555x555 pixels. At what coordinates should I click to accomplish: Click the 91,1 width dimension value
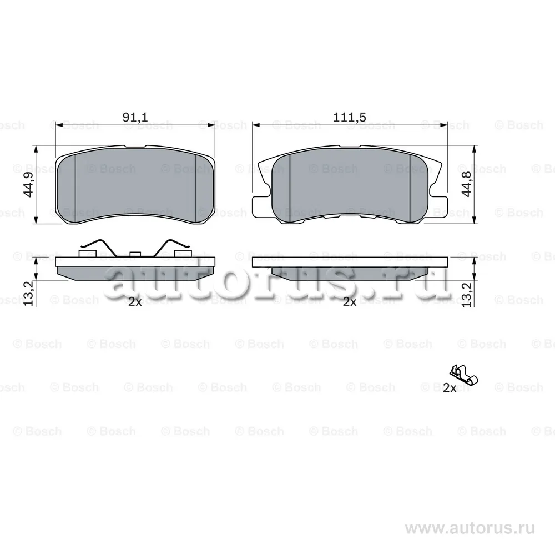click(x=135, y=117)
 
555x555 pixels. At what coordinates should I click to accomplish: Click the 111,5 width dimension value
click(x=349, y=117)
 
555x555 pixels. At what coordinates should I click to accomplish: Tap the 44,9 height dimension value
click(x=28, y=185)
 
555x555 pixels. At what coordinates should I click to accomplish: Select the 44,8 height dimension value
click(x=467, y=184)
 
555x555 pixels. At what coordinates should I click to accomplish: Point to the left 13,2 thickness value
click(x=28, y=294)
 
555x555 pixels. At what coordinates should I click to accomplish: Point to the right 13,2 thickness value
click(x=467, y=295)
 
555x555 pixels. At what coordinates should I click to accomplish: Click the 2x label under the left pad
click(x=135, y=302)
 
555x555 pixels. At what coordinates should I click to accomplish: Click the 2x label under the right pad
click(x=350, y=302)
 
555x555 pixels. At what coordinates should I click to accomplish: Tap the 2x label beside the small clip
click(x=450, y=389)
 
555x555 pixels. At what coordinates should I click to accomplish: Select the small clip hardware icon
click(x=463, y=375)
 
